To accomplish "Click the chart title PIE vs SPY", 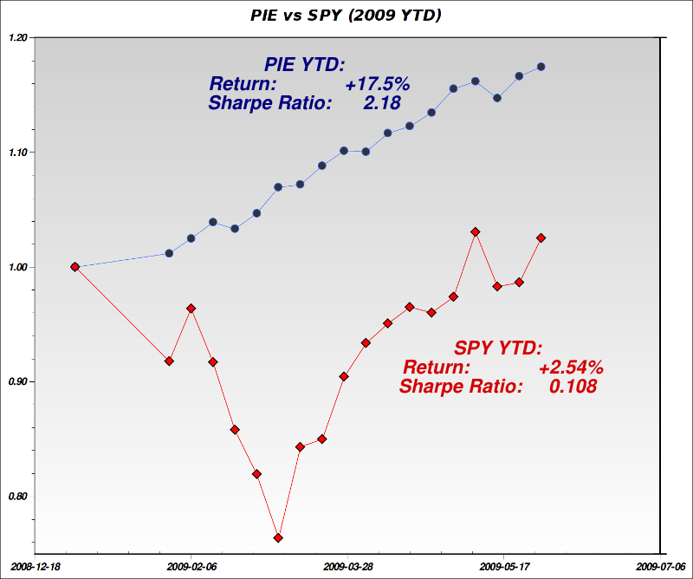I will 346,15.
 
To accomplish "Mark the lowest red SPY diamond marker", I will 279,538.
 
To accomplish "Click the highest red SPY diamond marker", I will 476,232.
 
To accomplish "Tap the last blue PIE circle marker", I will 541,67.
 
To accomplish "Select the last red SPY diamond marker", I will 541,237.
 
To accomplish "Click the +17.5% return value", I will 377,85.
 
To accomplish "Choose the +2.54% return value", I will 571,368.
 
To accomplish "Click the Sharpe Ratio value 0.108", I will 573,387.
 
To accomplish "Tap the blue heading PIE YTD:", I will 305,65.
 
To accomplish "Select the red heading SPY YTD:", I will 498,348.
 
